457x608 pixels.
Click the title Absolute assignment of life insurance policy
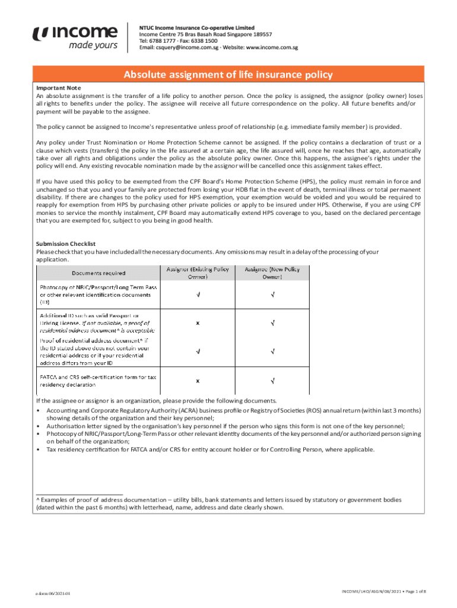(x=228, y=75)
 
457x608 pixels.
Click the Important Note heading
(x=58, y=88)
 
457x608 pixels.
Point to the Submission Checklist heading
(x=66, y=244)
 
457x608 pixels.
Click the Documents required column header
(x=99, y=273)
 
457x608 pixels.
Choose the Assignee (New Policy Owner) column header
(x=272, y=273)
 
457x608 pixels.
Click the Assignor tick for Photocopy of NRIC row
(x=198, y=294)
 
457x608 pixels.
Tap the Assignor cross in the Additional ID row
(x=198, y=323)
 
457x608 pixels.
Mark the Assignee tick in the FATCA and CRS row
(x=272, y=380)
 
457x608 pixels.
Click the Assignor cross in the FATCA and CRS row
(x=198, y=380)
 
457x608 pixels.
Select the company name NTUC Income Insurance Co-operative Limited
(x=196, y=27)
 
